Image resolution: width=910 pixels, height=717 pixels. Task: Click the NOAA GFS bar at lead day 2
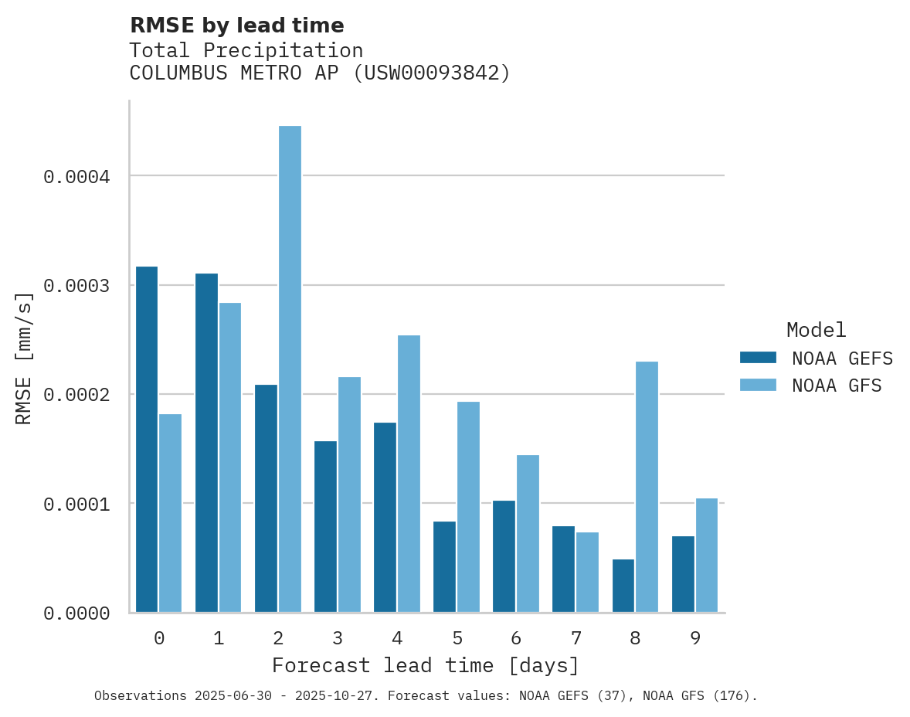pyautogui.click(x=290, y=369)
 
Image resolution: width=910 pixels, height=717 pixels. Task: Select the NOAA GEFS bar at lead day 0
pyautogui.click(x=147, y=440)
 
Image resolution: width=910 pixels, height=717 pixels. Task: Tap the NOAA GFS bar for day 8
pyautogui.click(x=647, y=487)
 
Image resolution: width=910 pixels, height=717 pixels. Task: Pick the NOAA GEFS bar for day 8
pyautogui.click(x=623, y=586)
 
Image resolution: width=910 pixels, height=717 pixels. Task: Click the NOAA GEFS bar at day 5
pyautogui.click(x=444, y=567)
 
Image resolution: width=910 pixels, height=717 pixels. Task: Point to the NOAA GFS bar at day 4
pyautogui.click(x=409, y=474)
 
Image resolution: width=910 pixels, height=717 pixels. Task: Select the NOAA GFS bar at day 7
pyautogui.click(x=587, y=573)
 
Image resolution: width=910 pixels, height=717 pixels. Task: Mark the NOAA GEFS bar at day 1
pyautogui.click(x=206, y=443)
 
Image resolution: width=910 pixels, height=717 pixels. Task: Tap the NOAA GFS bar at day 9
pyautogui.click(x=707, y=556)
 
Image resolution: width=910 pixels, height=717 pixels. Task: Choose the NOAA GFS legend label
pyautogui.click(x=837, y=386)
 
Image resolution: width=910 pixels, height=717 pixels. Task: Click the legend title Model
pyautogui.click(x=816, y=330)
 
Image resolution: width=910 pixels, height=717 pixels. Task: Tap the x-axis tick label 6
pyautogui.click(x=516, y=638)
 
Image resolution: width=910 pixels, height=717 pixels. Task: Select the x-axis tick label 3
pyautogui.click(x=338, y=638)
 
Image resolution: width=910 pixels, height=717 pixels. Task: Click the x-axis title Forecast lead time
pyautogui.click(x=425, y=665)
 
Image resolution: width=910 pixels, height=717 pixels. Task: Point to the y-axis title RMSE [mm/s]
pyautogui.click(x=24, y=358)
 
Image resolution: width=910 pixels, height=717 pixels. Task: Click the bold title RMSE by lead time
pyautogui.click(x=236, y=25)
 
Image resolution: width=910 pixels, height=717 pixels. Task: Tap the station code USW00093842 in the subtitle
pyautogui.click(x=432, y=73)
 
